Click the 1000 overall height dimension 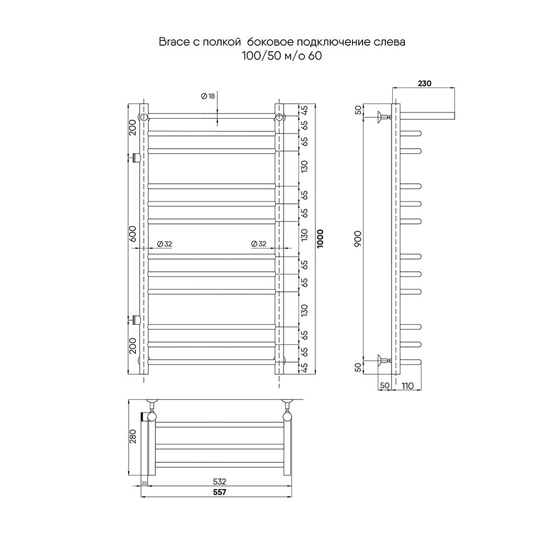320,238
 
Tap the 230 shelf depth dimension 424,83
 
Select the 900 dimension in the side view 358,239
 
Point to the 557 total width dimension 220,492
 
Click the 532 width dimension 219,482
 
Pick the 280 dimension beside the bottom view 133,436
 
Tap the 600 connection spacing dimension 133,234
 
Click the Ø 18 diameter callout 208,96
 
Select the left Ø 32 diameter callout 164,244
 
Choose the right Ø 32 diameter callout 258,244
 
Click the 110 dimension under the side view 408,386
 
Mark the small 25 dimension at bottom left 144,483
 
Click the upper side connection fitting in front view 135,158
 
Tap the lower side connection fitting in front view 135,320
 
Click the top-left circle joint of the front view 144,117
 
